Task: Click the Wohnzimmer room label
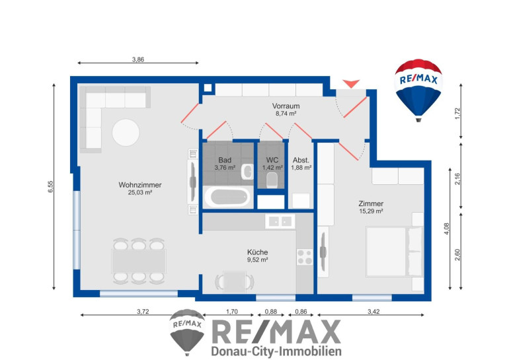point(140,185)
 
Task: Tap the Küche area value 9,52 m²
point(257,260)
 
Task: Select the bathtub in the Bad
point(227,197)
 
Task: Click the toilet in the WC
point(272,180)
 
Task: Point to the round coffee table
point(126,132)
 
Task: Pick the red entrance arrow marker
point(351,83)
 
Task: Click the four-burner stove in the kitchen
point(305,257)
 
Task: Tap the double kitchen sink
point(280,221)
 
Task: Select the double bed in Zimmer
point(395,252)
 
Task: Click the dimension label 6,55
point(50,186)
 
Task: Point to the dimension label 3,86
point(138,59)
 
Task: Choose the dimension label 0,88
point(271,312)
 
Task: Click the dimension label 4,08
point(447,229)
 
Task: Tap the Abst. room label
point(301,161)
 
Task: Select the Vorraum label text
point(286,106)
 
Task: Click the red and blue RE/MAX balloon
point(418,90)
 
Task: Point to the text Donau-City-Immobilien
point(276,351)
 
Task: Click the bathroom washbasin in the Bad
point(247,172)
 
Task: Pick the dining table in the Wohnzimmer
point(139,261)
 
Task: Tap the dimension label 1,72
point(457,114)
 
